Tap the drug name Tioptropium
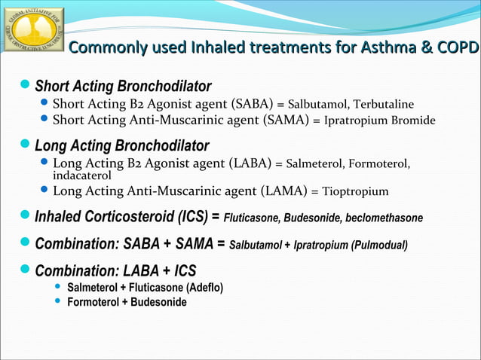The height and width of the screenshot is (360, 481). pyautogui.click(x=355, y=191)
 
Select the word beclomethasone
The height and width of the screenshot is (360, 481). pyautogui.click(x=384, y=218)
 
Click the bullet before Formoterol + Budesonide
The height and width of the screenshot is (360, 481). pyautogui.click(x=57, y=302)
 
